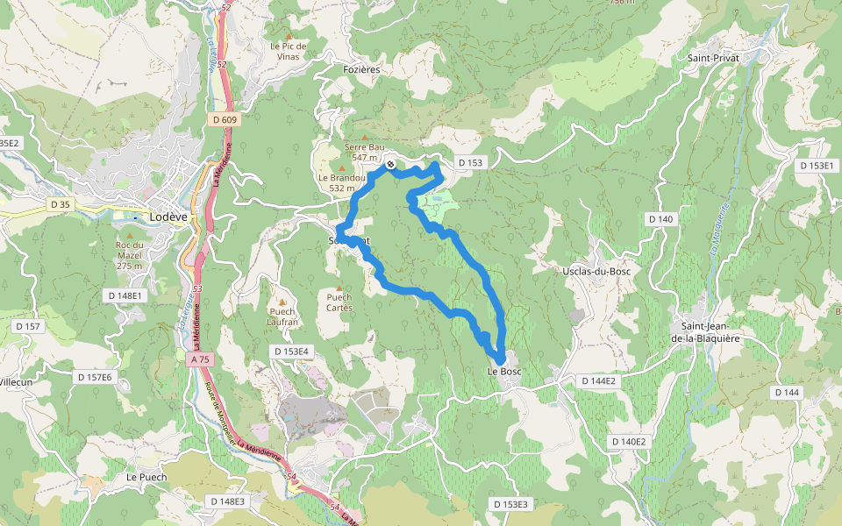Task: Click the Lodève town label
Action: coord(168,217)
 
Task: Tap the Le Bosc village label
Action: coord(504,372)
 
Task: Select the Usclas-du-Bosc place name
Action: coord(596,271)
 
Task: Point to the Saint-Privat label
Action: coord(714,57)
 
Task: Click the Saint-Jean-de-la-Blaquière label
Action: coord(706,333)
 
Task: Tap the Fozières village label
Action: coord(362,68)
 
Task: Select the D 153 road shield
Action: coord(470,163)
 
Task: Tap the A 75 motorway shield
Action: coord(201,359)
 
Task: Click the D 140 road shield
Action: coord(660,218)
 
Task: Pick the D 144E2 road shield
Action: coord(599,381)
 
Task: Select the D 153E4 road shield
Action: coord(290,352)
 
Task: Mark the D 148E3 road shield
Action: coord(228,501)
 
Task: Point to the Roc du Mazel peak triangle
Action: coord(129,235)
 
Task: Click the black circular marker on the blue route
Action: coord(390,164)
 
